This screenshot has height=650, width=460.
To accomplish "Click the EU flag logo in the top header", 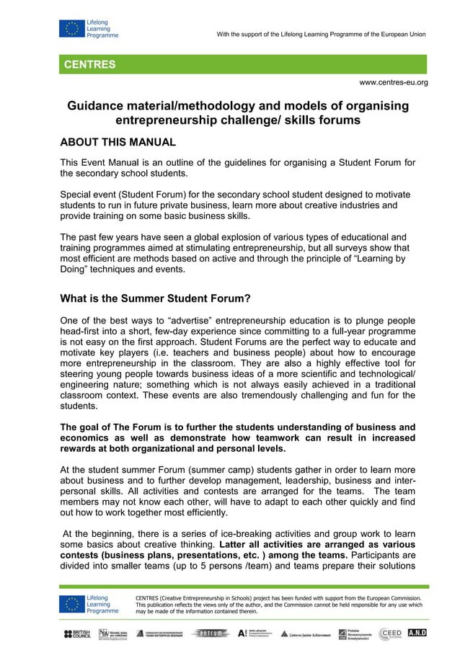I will pyautogui.click(x=71, y=28).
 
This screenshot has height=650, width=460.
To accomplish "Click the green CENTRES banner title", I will pyautogui.click(x=90, y=65).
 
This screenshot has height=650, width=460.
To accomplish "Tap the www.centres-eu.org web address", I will pyautogui.click(x=393, y=82).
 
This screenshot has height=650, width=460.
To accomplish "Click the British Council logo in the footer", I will pyautogui.click(x=77, y=633).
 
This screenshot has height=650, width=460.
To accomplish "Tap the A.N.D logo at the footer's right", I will pyautogui.click(x=417, y=633).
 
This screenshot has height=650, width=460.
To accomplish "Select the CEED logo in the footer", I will pyautogui.click(x=390, y=633).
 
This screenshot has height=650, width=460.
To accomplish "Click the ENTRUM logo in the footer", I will pyautogui.click(x=211, y=633).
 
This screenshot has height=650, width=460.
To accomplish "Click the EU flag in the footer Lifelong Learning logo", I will pyautogui.click(x=71, y=604).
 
